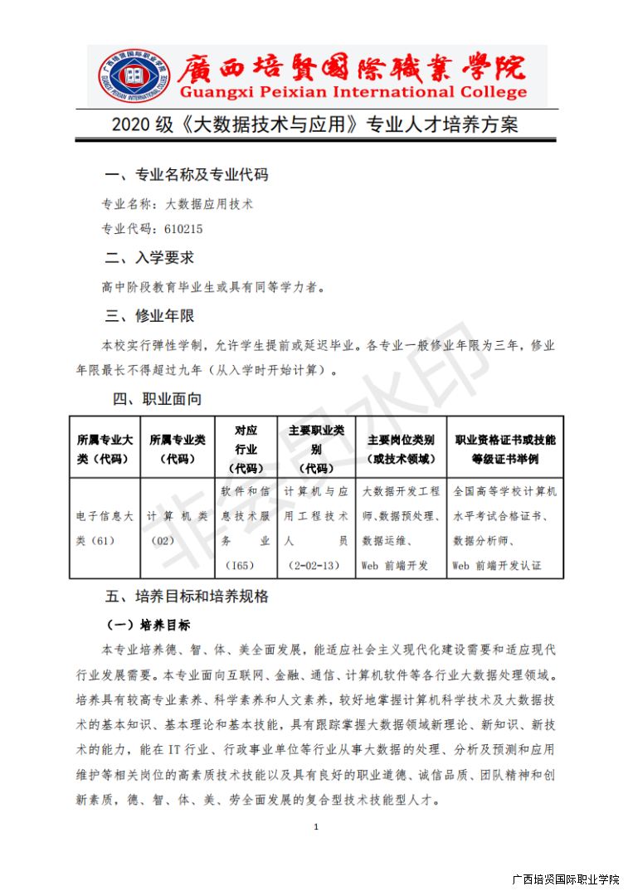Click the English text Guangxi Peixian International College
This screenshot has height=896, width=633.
pyautogui.click(x=353, y=92)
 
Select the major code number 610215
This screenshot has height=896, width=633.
pyautogui.click(x=183, y=229)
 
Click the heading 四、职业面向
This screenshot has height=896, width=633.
pyautogui.click(x=158, y=399)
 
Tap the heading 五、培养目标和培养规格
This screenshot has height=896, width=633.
pyautogui.click(x=187, y=597)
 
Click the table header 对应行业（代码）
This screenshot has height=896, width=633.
pyautogui.click(x=246, y=449)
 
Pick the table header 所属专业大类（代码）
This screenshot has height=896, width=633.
pyautogui.click(x=105, y=449)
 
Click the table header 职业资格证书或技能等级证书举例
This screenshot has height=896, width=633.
pyautogui.click(x=504, y=449)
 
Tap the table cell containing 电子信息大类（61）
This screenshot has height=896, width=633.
pyautogui.click(x=105, y=528)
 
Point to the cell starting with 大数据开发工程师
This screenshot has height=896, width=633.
pyautogui.click(x=402, y=528)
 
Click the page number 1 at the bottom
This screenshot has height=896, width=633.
pyautogui.click(x=316, y=826)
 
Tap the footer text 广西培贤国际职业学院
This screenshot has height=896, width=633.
pyautogui.click(x=566, y=879)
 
